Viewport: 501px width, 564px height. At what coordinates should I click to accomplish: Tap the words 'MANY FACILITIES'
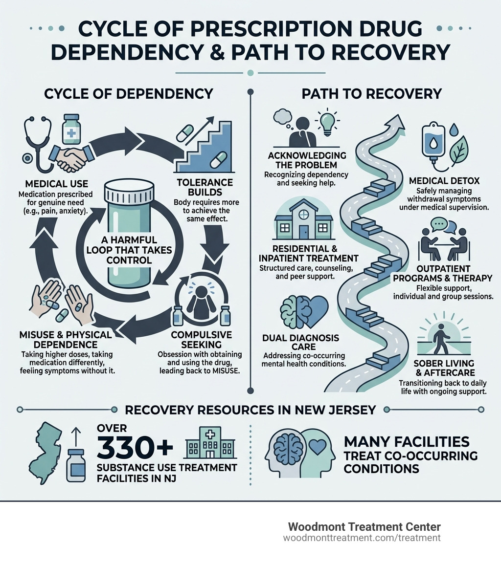(407, 442)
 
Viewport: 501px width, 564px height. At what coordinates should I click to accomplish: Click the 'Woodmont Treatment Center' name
(364, 527)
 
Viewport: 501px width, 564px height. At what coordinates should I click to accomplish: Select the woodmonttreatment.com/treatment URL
(362, 538)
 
